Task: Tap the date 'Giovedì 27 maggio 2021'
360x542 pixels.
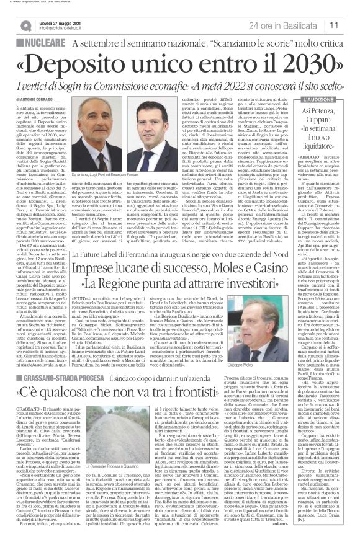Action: pyautogui.click(x=55, y=21)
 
